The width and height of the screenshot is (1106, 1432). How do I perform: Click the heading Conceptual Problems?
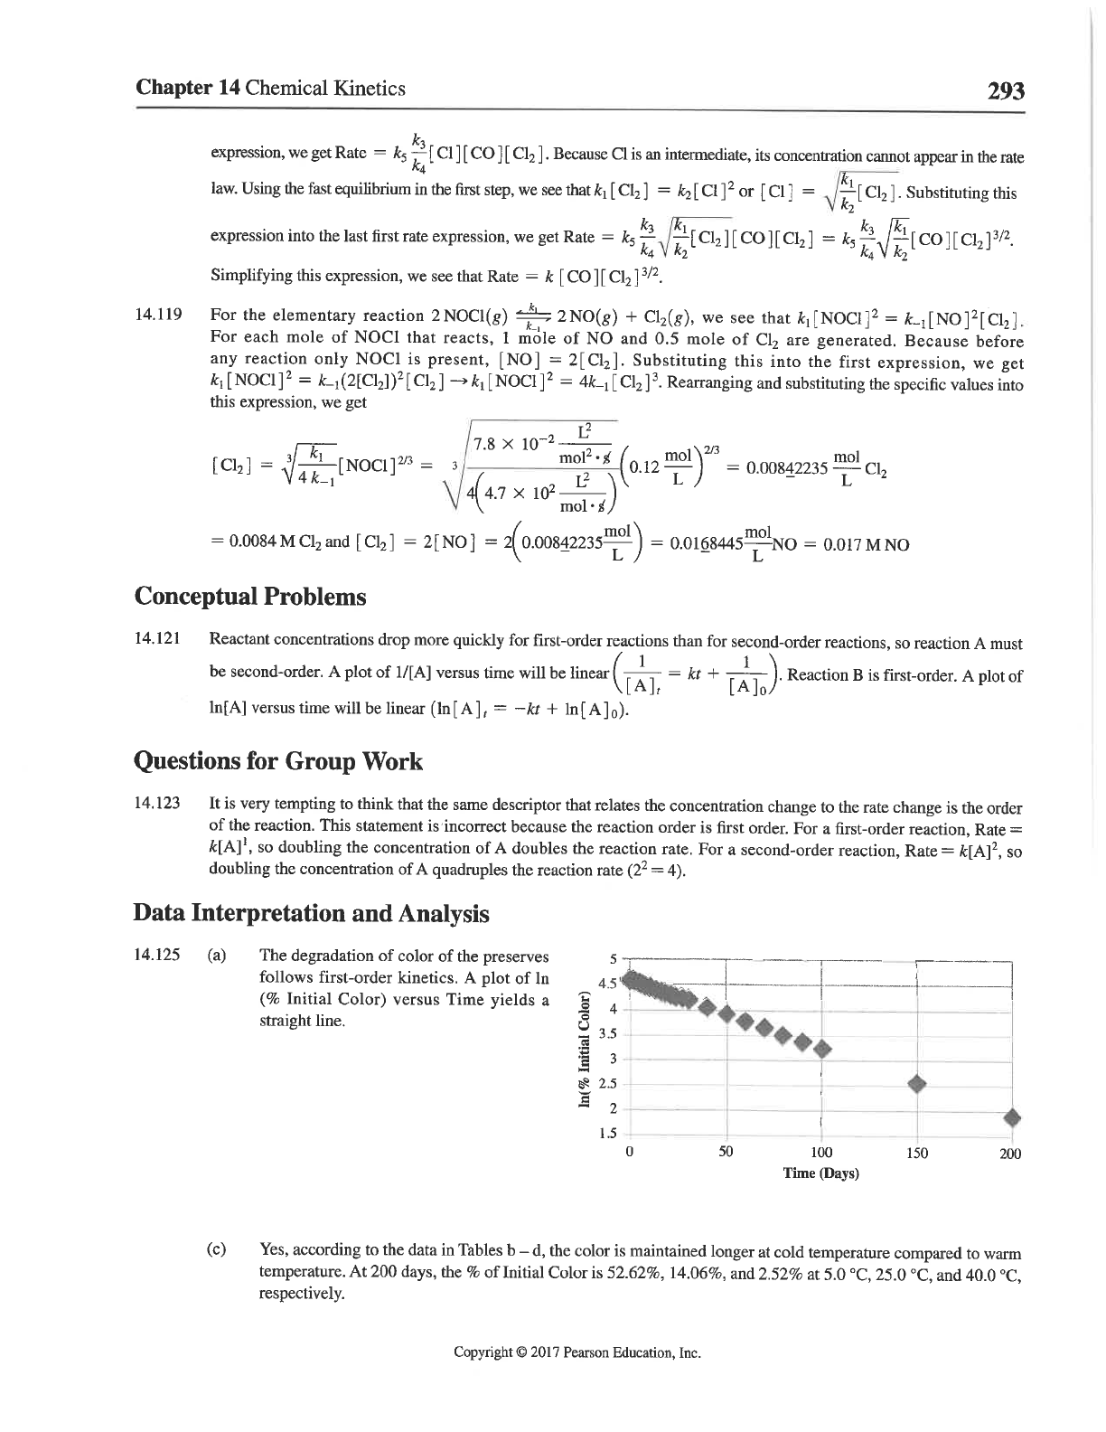tap(250, 598)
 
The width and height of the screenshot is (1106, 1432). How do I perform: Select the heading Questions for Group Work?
tap(277, 762)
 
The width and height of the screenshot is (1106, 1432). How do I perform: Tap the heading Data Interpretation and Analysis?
tap(311, 914)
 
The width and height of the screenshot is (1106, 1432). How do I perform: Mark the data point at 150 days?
tap(916, 1084)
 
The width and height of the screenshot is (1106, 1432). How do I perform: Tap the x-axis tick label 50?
tap(726, 1153)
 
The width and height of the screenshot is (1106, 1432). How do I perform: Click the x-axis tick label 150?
tap(916, 1153)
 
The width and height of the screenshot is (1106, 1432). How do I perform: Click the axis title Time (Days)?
tap(820, 1173)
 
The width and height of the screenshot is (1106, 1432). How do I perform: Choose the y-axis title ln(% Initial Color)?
tap(585, 1050)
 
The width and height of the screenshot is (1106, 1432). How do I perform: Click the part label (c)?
tap(217, 1250)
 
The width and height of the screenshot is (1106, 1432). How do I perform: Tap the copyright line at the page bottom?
tap(577, 1353)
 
